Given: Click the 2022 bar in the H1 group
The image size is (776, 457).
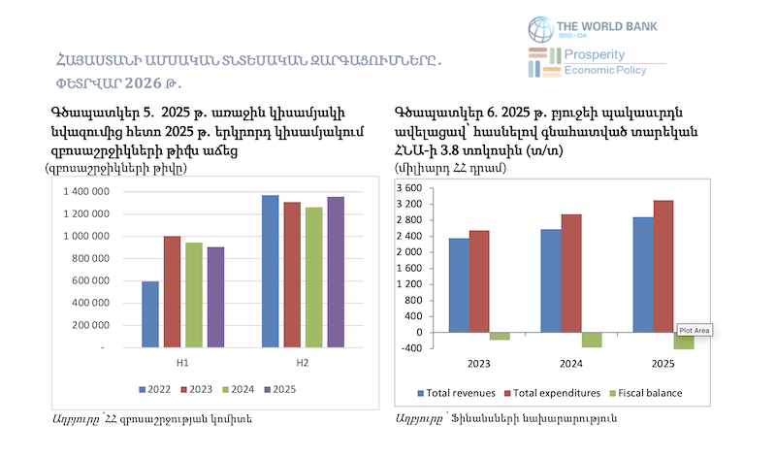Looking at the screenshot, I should pos(150,313).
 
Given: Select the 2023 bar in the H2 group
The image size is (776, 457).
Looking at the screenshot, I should pos(292,274).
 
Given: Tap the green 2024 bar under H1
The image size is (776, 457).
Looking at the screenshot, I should pos(194,294).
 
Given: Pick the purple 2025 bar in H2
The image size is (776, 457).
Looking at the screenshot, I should pos(336,272).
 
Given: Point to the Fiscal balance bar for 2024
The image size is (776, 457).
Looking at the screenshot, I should pos(592,340).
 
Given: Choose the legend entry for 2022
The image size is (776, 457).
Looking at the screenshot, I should pos(154,389).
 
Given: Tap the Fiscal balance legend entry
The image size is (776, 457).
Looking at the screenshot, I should pos(644,393).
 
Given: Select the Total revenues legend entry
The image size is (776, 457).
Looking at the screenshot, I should pos(457,393).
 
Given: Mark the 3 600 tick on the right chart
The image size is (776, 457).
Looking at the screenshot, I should pos(407,188).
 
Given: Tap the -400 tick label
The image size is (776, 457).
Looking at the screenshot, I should pos(409,347).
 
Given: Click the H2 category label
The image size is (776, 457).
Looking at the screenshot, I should pos(303,363).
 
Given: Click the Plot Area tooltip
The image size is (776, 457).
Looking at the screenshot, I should pos(695,330).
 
